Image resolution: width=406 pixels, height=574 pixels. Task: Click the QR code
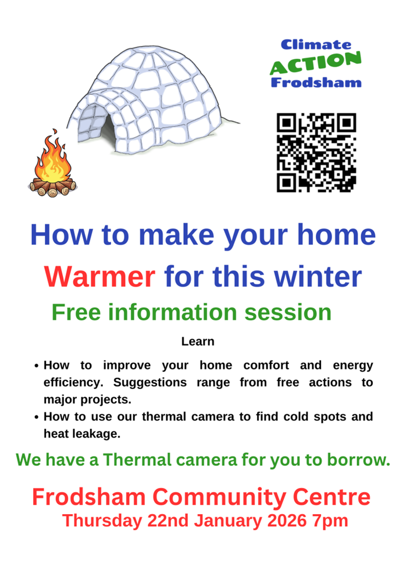click(316, 152)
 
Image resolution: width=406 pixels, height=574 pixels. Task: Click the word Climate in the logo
click(316, 45)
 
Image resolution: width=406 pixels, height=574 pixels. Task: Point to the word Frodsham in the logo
click(316, 82)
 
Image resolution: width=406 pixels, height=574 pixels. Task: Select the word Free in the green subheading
click(72, 312)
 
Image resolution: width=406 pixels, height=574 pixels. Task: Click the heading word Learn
click(198, 341)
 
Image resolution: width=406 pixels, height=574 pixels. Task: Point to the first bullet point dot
click(37, 366)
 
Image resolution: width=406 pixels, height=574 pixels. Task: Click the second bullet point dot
click(37, 418)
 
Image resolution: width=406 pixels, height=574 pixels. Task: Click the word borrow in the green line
click(358, 460)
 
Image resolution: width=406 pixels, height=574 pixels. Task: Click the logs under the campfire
click(52, 187)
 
